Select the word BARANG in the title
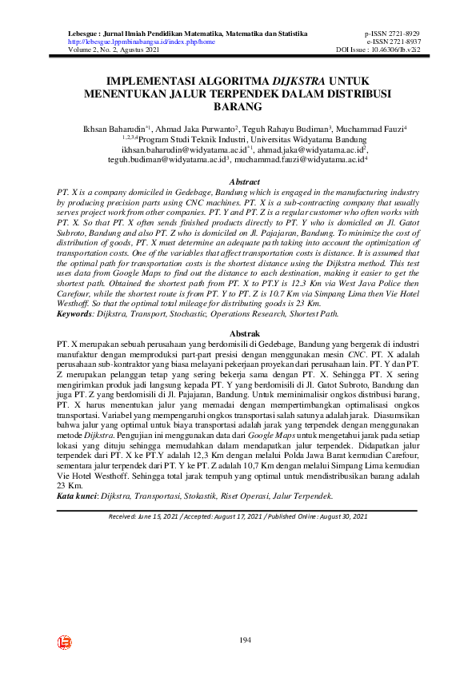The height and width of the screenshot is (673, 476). click(x=238, y=106)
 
